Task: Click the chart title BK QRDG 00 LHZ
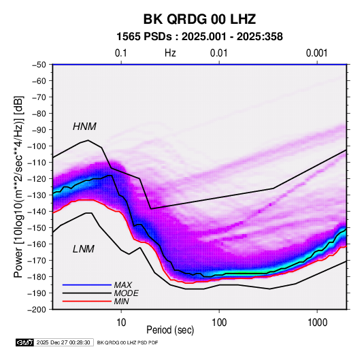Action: pyautogui.click(x=199, y=19)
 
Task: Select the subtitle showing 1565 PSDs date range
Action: pyautogui.click(x=199, y=37)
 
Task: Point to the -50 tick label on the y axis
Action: pyautogui.click(x=39, y=65)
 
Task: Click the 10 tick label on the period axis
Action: pyautogui.click(x=121, y=323)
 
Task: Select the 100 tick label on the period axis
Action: pyautogui.click(x=219, y=323)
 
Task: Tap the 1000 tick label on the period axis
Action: pyautogui.click(x=317, y=323)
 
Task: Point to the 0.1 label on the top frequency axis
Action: pyautogui.click(x=121, y=53)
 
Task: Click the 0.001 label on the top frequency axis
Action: pyautogui.click(x=316, y=53)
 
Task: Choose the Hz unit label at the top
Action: pyautogui.click(x=170, y=53)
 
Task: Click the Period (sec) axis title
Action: pyautogui.click(x=170, y=330)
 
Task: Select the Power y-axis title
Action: pyautogui.click(x=18, y=186)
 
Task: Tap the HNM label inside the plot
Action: pyautogui.click(x=84, y=127)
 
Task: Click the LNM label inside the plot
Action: pyautogui.click(x=84, y=249)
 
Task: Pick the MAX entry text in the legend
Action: pyautogui.click(x=122, y=285)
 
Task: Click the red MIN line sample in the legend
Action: pyautogui.click(x=87, y=301)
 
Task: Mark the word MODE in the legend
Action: pyautogui.click(x=126, y=293)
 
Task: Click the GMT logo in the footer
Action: pyautogui.click(x=24, y=342)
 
